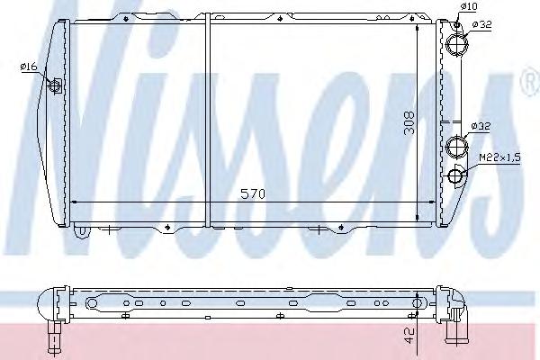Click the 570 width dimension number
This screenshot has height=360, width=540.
(253, 194)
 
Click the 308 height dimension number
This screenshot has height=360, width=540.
(409, 122)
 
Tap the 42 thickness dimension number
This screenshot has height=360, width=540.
(409, 335)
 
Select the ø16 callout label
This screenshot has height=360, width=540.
(29, 66)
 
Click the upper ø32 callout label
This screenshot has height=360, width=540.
(481, 24)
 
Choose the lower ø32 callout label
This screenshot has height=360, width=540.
(481, 126)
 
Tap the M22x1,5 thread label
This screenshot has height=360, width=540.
(500, 157)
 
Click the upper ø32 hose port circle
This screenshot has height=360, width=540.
(457, 44)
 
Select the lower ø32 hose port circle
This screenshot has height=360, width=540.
(456, 146)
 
